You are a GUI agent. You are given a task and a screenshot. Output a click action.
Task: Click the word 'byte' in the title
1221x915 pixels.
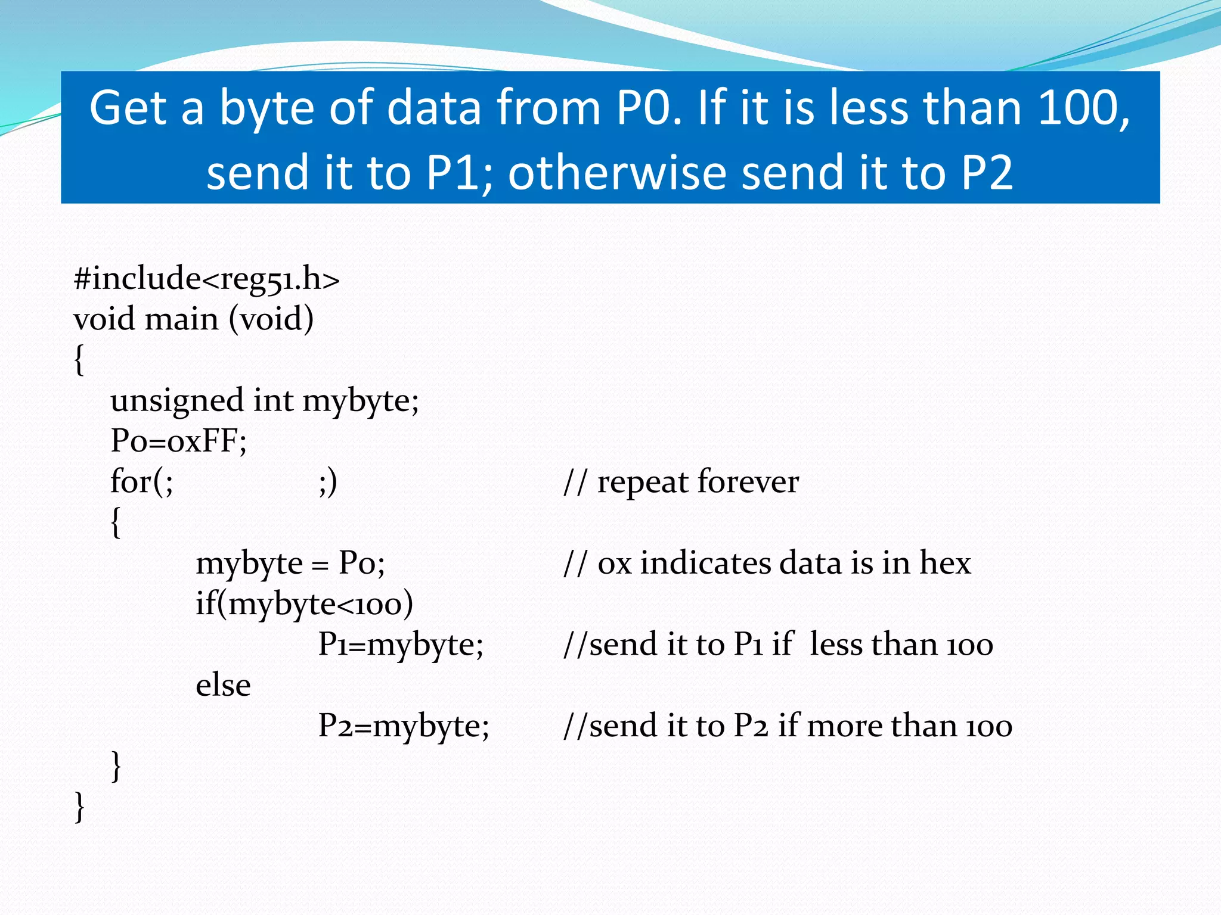(266, 109)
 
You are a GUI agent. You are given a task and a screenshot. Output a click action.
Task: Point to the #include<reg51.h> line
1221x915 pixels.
(206, 279)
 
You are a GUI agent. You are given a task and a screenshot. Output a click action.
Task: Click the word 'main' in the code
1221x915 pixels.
(182, 319)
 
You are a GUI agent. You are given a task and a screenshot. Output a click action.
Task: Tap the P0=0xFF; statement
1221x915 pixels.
(179, 441)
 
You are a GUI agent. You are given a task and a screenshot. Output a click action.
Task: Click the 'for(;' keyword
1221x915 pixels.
(142, 482)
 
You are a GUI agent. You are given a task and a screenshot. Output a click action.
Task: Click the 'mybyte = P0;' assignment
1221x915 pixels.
(290, 563)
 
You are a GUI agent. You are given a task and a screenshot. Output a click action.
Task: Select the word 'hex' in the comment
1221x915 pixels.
(945, 563)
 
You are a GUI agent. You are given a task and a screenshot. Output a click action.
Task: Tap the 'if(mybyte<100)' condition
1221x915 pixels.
(304, 604)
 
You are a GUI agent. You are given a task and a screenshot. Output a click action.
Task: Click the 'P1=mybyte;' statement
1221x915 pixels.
(401, 645)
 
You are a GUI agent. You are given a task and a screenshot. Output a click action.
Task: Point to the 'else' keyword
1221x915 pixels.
(223, 685)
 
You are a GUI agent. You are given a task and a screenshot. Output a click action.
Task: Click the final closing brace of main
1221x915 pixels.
(79, 807)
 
